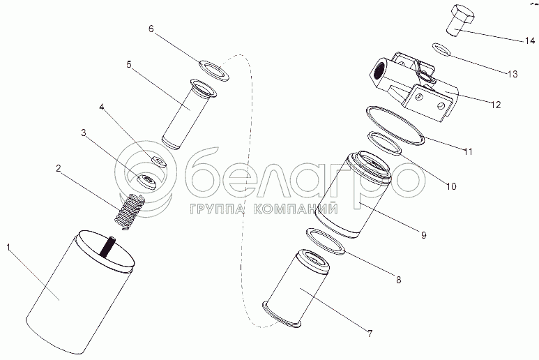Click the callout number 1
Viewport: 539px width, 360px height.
click(x=8, y=248)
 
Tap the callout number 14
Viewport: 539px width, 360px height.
click(x=530, y=40)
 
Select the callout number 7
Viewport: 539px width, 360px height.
click(x=370, y=333)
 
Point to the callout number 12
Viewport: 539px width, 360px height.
click(x=496, y=105)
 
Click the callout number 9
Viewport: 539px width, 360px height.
click(x=424, y=235)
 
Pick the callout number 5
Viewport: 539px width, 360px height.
click(x=129, y=64)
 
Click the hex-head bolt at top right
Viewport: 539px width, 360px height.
click(x=461, y=20)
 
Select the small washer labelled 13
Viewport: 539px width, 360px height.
click(x=441, y=49)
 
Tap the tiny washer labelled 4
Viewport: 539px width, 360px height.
click(x=158, y=161)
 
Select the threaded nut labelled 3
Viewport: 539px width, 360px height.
click(x=146, y=182)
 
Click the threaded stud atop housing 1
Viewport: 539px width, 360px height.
click(x=107, y=246)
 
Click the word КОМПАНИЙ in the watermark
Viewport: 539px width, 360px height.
click(x=296, y=209)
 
